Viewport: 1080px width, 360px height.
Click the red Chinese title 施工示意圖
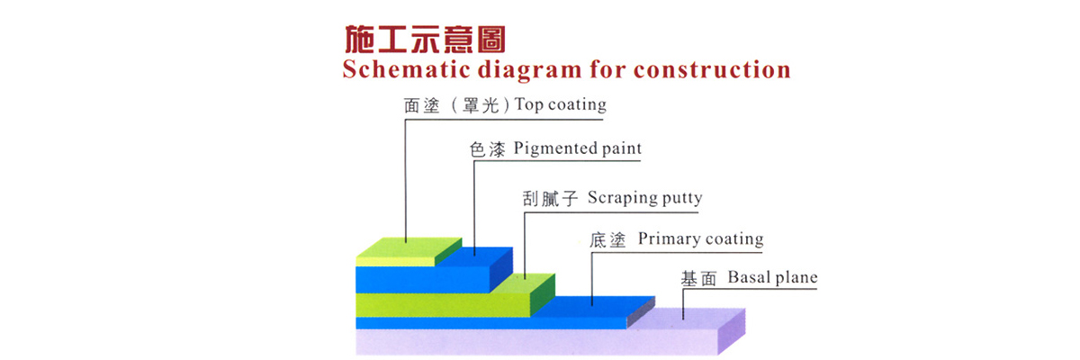(425, 39)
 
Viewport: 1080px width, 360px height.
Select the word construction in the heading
(712, 70)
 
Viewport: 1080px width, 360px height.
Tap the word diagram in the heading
(530, 70)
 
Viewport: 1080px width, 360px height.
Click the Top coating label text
(560, 104)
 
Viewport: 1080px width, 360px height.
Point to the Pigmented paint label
(577, 148)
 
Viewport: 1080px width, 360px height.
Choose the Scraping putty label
(644, 198)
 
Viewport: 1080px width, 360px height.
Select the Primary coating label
(700, 239)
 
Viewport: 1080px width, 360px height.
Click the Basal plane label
(772, 277)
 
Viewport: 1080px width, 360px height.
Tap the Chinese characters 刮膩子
(550, 199)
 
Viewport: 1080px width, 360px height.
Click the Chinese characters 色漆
(488, 149)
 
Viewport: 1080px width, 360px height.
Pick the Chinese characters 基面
(698, 279)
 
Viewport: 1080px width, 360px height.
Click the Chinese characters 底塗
(607, 240)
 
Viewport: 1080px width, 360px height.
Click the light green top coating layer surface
(409, 247)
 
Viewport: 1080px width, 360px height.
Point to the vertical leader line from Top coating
(406, 181)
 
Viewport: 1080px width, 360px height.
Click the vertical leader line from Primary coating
(592, 279)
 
